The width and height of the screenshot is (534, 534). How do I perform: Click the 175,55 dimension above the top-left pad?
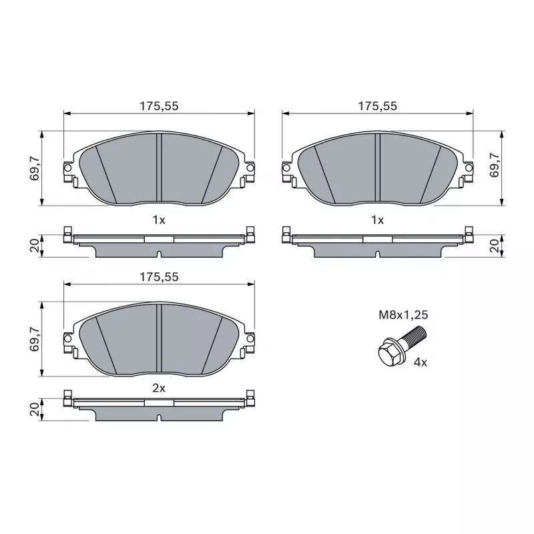[159, 106]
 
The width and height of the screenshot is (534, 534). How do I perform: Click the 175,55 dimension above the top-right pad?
[377, 106]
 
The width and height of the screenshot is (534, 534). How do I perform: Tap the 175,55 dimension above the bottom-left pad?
[159, 277]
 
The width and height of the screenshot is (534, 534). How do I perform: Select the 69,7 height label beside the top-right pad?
[494, 165]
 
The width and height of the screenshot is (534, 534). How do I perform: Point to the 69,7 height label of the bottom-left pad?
[35, 339]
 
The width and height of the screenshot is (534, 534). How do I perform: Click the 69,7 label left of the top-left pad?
[35, 168]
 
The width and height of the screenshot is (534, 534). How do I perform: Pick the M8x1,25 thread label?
[403, 315]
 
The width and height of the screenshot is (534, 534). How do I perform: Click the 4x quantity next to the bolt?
[420, 362]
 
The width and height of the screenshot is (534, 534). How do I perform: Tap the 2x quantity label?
[159, 388]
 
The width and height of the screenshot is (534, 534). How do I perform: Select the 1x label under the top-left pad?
[159, 220]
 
